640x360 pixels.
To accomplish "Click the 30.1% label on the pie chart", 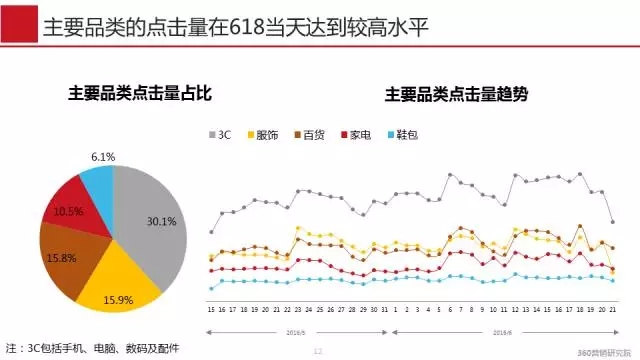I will [161, 221].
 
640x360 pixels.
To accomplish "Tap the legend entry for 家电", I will [354, 133].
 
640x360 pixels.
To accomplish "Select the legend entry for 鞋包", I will [400, 133].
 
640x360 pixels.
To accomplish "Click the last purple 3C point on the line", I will [612, 222].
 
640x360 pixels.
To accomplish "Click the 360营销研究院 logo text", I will [604, 352].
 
